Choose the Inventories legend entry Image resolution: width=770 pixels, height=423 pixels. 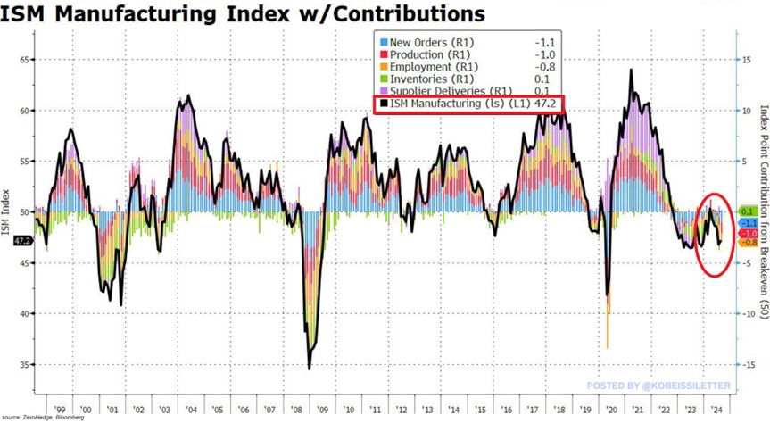point(419,79)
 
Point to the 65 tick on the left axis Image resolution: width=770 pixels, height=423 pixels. point(25,60)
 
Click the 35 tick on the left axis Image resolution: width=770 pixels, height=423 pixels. point(25,365)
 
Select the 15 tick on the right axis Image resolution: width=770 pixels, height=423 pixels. point(748,60)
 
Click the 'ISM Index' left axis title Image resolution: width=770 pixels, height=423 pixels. point(7,212)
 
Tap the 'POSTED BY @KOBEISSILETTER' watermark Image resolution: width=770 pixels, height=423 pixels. point(658,386)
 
